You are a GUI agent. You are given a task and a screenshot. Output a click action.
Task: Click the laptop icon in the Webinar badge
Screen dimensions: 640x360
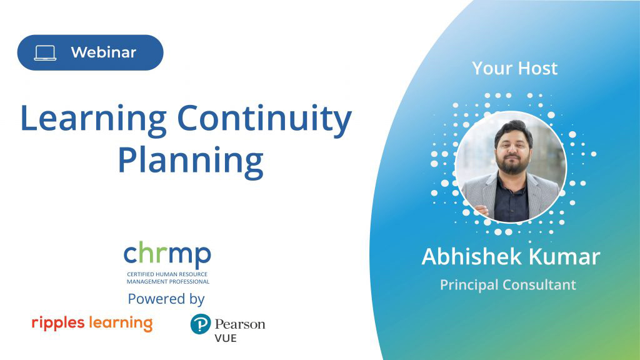point(45,53)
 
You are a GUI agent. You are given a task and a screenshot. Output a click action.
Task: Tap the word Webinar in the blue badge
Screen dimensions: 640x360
point(103,52)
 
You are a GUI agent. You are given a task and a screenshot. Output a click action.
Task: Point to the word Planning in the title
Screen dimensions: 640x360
point(191,162)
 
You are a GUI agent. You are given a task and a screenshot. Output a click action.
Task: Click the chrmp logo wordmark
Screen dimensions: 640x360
point(167,254)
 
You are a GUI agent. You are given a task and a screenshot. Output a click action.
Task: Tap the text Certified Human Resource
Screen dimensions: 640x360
point(167,274)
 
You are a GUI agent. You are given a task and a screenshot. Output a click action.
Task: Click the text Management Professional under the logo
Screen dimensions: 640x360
point(167,282)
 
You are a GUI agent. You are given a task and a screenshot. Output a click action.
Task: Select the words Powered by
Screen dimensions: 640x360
point(166,299)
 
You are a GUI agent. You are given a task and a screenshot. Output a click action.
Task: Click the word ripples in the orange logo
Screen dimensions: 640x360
point(58,323)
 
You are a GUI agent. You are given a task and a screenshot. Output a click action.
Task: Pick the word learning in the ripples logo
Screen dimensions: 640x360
point(121,323)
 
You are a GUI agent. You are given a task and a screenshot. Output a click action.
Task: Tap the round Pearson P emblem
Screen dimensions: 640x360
point(201,324)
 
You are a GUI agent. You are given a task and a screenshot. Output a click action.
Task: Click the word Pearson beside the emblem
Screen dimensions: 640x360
point(240,324)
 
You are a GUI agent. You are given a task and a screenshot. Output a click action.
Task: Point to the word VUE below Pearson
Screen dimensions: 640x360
point(226,338)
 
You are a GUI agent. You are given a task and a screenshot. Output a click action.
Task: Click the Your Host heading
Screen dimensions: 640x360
point(515,68)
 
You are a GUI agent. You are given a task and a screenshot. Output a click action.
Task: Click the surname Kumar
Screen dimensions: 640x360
point(565,257)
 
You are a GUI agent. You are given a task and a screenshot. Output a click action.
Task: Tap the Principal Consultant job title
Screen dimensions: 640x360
point(508,284)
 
